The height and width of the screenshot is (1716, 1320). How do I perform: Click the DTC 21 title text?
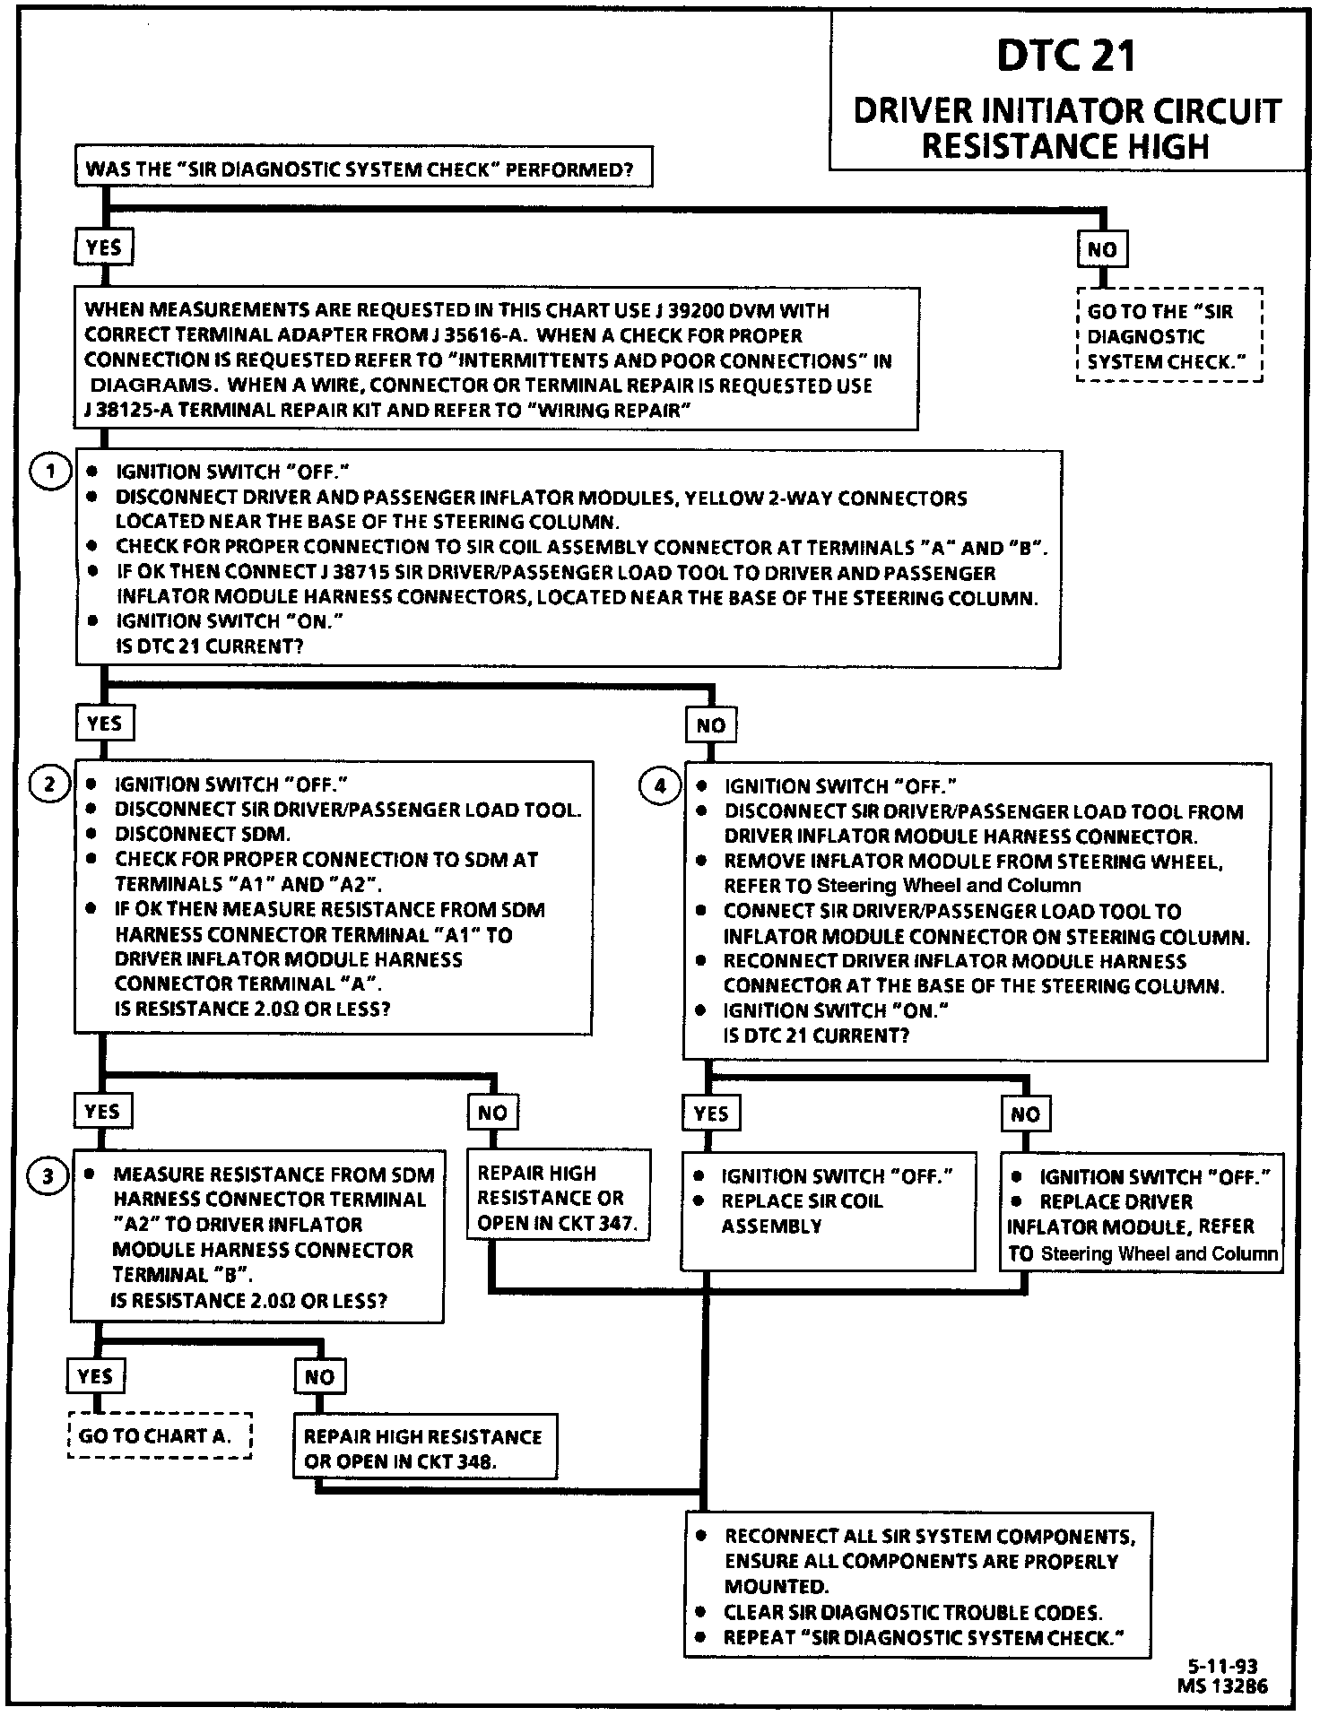click(x=1065, y=56)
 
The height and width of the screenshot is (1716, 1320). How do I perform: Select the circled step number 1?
click(x=50, y=471)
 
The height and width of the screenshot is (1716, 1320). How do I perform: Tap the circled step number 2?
click(x=50, y=784)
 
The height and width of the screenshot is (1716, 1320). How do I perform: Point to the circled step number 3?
click(x=48, y=1175)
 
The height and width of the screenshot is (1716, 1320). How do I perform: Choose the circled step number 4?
click(x=660, y=786)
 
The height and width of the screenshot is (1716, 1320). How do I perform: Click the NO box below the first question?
click(x=1101, y=250)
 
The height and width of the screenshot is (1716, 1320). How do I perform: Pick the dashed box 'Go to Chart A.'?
click(x=160, y=1435)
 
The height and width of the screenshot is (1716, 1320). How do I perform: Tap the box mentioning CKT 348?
click(x=423, y=1449)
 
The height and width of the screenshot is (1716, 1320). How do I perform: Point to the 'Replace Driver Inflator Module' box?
click(x=1142, y=1214)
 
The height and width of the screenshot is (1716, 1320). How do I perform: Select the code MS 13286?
click(x=1222, y=1686)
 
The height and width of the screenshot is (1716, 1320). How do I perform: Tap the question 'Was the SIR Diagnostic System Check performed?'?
click(x=362, y=169)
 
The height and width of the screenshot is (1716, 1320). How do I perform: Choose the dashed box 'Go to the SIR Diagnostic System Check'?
click(x=1168, y=336)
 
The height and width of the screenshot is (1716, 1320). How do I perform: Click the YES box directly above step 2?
click(x=104, y=724)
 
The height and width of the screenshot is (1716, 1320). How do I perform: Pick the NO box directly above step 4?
click(x=710, y=725)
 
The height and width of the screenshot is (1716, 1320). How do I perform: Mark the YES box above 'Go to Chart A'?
click(x=95, y=1376)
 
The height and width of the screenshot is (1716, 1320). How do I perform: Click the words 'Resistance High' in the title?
click(x=1065, y=146)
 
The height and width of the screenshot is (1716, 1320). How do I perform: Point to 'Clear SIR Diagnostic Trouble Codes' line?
click(x=913, y=1612)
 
